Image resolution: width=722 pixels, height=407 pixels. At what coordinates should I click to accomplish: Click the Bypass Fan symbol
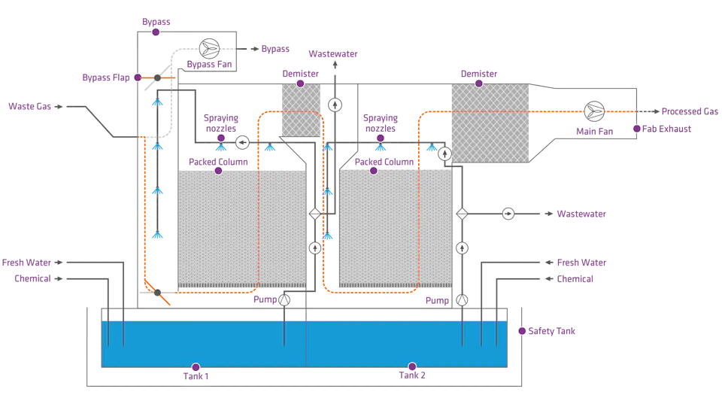pos(210,48)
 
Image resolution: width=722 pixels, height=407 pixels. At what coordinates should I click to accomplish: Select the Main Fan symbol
pos(594,111)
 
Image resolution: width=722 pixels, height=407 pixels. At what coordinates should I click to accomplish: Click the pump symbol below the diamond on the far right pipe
pos(462,248)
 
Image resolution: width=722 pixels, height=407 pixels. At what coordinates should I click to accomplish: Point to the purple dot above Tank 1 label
pos(196,367)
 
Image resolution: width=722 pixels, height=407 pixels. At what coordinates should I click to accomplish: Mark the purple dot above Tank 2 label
pos(412,367)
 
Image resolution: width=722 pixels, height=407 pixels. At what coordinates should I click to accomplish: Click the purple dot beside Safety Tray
pos(522,331)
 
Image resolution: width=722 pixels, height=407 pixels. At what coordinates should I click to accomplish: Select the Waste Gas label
pos(29,107)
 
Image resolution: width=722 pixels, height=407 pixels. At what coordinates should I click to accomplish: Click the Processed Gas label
pos(690,111)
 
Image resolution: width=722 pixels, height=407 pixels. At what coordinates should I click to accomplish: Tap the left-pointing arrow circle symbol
pos(242,141)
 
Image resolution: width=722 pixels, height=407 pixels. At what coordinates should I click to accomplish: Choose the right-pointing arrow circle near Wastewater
pos(508,214)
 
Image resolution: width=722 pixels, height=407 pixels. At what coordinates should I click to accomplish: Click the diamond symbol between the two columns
pos(315,214)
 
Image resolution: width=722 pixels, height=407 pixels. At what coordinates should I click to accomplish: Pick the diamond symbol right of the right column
pos(462,214)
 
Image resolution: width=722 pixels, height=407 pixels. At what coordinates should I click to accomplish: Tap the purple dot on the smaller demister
pos(299,84)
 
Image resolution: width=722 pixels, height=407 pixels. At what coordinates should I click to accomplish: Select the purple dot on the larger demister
pos(479,84)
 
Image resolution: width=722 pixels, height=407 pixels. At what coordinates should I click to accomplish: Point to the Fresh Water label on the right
pos(581,263)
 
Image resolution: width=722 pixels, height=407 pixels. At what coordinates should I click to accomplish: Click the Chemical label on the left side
pos(31,278)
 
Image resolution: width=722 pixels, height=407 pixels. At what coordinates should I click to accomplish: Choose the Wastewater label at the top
pos(333,54)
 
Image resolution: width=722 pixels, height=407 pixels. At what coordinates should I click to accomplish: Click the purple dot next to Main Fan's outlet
pos(637,129)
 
